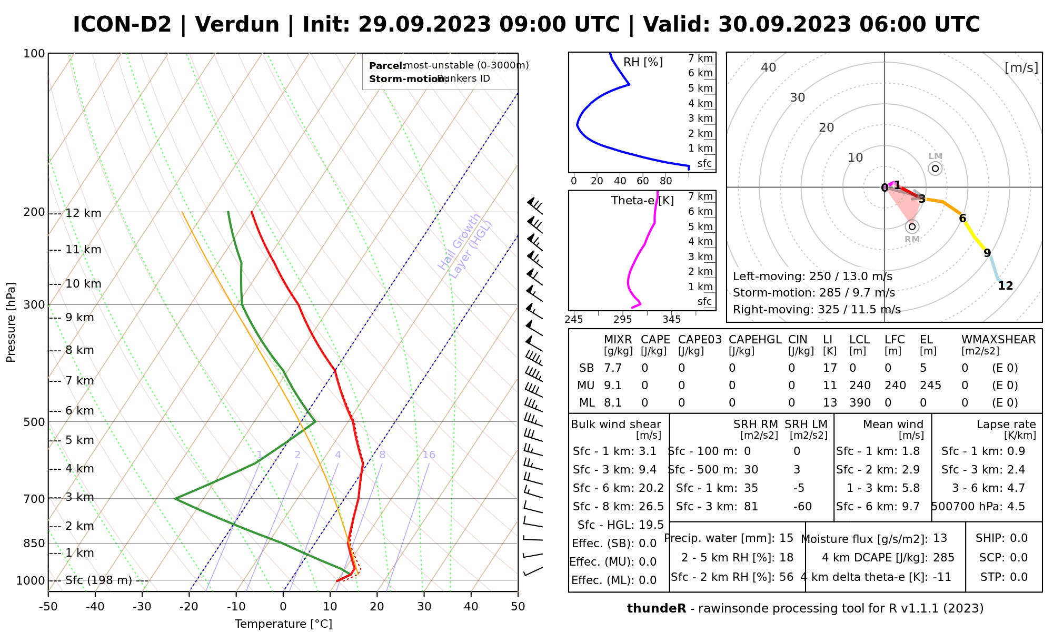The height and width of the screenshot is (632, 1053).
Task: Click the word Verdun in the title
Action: pos(237,25)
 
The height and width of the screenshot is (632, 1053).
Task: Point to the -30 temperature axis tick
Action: pos(142,607)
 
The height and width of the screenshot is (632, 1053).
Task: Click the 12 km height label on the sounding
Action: pos(83,213)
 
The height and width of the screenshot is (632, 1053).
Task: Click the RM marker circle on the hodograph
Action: pos(912,226)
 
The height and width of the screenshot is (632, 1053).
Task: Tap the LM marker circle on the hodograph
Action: pos(935,169)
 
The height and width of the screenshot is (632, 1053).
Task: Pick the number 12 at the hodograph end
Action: pos(1006,286)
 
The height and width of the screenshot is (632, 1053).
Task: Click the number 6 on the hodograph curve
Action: pos(962,219)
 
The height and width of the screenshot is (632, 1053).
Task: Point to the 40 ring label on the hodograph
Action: pos(769,67)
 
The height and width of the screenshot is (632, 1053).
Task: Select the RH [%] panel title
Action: pos(643,62)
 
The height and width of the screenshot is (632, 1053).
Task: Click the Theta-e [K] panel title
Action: pos(642,201)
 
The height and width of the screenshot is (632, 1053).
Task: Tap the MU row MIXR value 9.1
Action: pos(613,386)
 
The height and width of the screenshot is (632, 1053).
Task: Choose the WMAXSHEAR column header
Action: pos(998,340)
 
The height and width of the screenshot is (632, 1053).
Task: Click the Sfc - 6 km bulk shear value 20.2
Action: pos(651,488)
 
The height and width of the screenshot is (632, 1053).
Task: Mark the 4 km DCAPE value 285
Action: pos(943,558)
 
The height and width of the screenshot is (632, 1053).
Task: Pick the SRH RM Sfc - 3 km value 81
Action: pos(751,507)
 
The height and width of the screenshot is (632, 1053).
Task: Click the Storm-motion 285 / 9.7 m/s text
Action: pos(813,293)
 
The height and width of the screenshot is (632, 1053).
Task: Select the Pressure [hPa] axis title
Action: pos(11,322)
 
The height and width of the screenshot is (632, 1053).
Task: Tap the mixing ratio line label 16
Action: pos(429,455)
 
